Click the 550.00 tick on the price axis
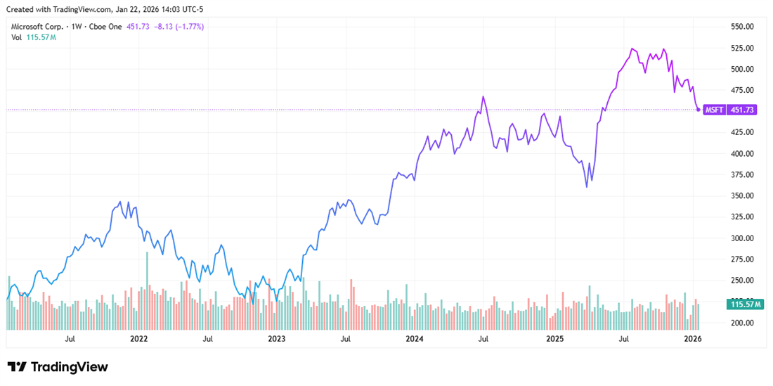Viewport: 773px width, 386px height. tap(742, 27)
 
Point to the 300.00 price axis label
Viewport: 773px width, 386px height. tap(742, 238)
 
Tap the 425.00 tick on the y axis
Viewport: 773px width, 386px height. tap(742, 132)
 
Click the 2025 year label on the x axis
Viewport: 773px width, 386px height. tap(555, 339)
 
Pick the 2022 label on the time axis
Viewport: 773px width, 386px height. tap(138, 339)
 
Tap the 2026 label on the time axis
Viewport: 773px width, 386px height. tap(693, 339)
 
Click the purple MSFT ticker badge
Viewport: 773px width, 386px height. tap(715, 110)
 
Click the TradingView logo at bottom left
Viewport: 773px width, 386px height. tap(58, 367)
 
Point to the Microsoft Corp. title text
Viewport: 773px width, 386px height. tap(39, 27)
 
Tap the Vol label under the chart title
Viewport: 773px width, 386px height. tap(16, 37)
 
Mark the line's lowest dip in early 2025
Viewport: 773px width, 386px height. tap(586, 187)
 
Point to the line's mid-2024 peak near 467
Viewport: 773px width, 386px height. tap(483, 96)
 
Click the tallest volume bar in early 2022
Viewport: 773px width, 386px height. tap(147, 252)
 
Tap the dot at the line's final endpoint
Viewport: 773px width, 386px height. tap(698, 110)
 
